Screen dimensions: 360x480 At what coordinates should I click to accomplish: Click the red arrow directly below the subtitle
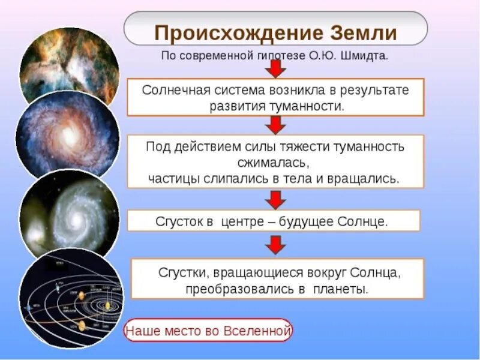click(275, 69)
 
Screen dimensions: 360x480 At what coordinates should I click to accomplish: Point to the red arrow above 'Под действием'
click(275, 125)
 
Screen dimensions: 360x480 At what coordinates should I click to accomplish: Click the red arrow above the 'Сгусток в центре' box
click(275, 199)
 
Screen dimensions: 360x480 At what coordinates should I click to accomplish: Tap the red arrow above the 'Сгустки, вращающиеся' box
click(275, 244)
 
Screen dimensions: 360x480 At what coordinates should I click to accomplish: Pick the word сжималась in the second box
click(275, 163)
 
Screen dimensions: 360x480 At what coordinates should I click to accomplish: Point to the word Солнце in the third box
click(364, 221)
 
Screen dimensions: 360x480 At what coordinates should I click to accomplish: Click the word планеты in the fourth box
click(338, 289)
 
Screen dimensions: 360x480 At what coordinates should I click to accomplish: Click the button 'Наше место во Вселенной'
click(208, 331)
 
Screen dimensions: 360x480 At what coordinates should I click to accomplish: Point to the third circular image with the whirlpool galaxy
click(67, 213)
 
